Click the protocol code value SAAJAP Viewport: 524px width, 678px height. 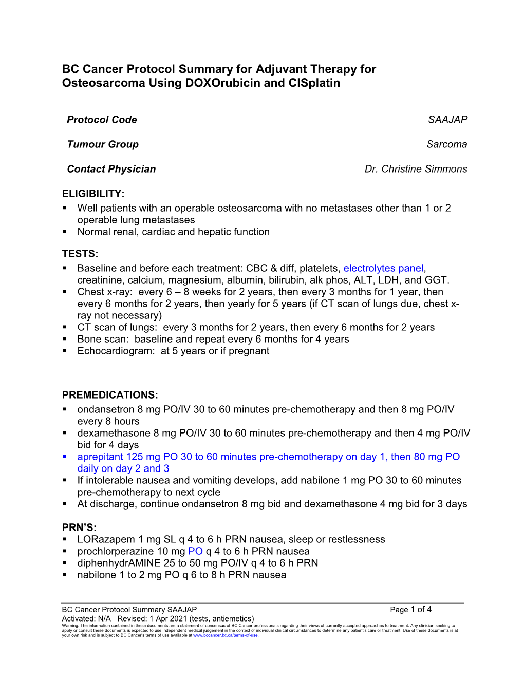[x=447, y=120]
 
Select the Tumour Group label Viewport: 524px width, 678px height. [x=103, y=144]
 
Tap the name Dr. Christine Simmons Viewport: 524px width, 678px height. [x=416, y=169]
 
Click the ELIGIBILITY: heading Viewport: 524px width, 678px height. [x=93, y=194]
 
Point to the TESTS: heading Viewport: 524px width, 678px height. [x=80, y=254]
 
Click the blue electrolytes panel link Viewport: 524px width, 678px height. [x=383, y=268]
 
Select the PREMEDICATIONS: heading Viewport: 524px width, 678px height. [x=110, y=395]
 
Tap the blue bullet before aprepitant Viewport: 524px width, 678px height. [x=65, y=456]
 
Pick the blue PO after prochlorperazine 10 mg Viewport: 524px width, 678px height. [x=195, y=551]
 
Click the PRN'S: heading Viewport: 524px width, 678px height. [x=79, y=528]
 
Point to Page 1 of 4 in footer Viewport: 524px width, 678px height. [x=410, y=610]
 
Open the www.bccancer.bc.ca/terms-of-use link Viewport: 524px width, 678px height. [x=226, y=635]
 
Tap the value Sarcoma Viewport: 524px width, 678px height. [x=446, y=144]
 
